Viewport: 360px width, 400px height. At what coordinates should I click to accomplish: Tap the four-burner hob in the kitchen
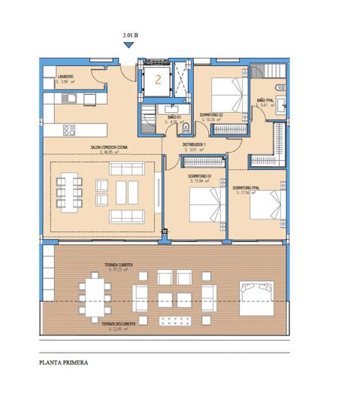click(x=69, y=131)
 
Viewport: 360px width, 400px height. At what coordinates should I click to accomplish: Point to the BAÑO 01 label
click(x=173, y=117)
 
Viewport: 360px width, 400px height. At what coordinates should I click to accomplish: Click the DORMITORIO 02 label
click(x=212, y=115)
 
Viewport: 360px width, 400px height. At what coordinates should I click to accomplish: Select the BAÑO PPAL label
click(x=265, y=99)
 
